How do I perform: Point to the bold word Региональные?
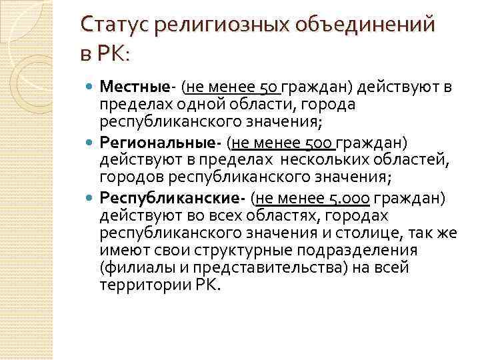click(159, 141)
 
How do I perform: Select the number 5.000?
click(349, 197)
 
